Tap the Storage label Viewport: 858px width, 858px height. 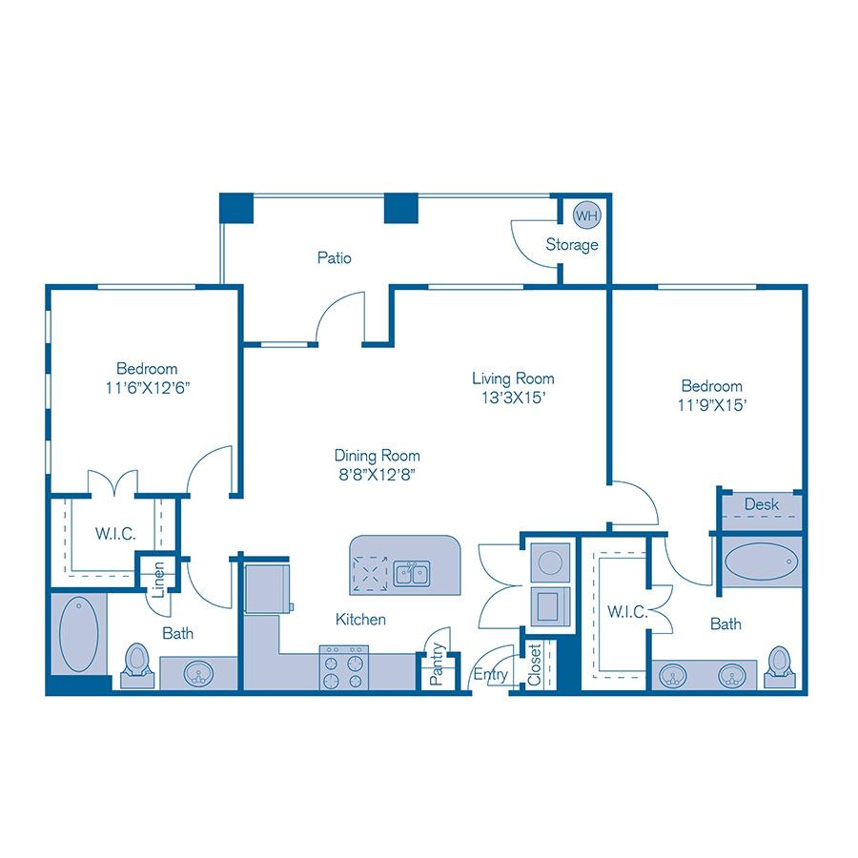pos(572,245)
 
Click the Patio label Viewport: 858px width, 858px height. pos(335,257)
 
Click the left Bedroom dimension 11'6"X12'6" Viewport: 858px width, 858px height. pos(147,388)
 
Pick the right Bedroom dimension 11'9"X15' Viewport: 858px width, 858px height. pos(711,404)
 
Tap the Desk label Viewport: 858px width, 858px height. pos(762,503)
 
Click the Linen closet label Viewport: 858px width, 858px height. pos(158,579)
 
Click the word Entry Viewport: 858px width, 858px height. pos(490,674)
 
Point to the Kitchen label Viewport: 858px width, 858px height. pos(360,620)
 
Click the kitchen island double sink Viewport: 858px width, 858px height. pos(412,574)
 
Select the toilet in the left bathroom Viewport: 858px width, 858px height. pos(136,660)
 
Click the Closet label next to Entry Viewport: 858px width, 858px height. pos(535,665)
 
